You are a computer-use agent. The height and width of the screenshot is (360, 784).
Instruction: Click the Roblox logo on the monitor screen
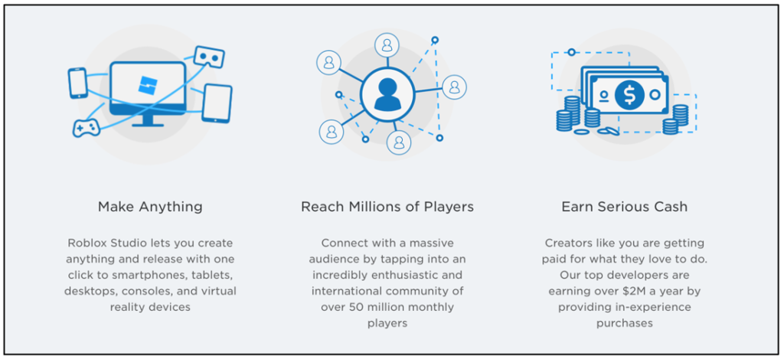pos(148,86)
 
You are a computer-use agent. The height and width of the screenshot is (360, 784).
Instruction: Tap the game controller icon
pos(87,128)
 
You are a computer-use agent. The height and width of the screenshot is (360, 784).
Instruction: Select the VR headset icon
pos(209,57)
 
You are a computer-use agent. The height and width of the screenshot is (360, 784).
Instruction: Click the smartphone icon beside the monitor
pos(77,83)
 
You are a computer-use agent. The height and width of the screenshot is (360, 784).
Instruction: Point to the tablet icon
pos(217,103)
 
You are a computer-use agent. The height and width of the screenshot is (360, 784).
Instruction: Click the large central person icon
pos(387,94)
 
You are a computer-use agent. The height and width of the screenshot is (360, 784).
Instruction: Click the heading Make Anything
pos(150,207)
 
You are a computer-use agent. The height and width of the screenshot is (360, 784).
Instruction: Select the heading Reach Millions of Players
pos(387,207)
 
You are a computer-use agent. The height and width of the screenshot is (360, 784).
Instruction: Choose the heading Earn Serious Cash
pos(625,207)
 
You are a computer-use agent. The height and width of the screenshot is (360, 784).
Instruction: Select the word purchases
pos(625,323)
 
